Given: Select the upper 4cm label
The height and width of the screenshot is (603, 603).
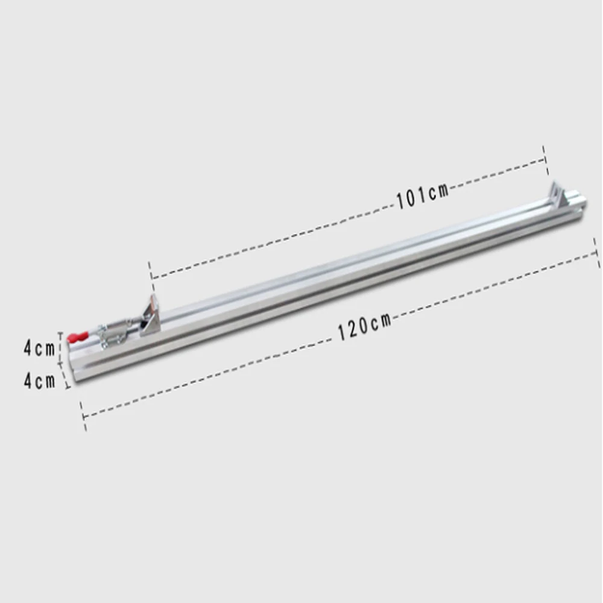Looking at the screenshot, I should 39,348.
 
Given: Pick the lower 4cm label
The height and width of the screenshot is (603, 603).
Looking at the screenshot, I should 39,381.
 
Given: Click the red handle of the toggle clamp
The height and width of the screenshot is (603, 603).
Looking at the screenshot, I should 78,338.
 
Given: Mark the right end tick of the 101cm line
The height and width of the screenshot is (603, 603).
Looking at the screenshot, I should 545,154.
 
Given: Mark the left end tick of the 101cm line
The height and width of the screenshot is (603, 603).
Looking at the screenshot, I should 150,270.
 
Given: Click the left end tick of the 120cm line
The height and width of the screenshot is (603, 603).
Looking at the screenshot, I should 83,417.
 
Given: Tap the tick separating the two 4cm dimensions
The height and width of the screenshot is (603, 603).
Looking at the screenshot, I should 61,363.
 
